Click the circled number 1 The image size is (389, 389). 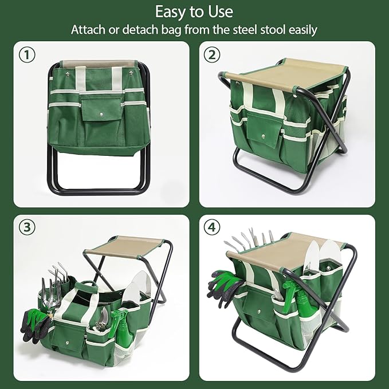tap(27, 55)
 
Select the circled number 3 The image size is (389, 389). tap(27, 227)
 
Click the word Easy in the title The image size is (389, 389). tap(172, 11)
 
